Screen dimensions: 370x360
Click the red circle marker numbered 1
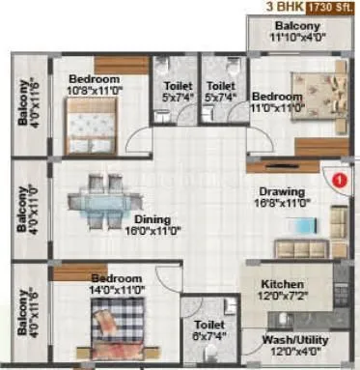point(338,179)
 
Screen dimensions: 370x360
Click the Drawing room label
point(281,191)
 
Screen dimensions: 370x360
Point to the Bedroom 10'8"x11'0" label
point(94,84)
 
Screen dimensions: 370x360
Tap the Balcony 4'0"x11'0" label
point(25,210)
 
